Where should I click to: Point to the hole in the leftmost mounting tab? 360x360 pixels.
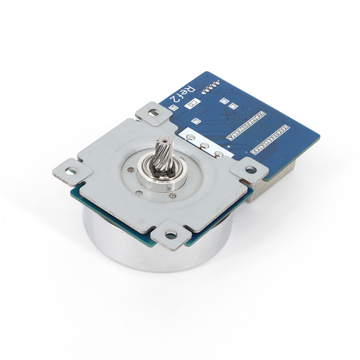tap(71, 171)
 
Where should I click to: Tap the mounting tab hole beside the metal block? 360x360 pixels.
tap(251, 170)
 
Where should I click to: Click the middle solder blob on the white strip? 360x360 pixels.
tap(204, 145)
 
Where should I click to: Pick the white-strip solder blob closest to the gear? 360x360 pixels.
tap(190, 137)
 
